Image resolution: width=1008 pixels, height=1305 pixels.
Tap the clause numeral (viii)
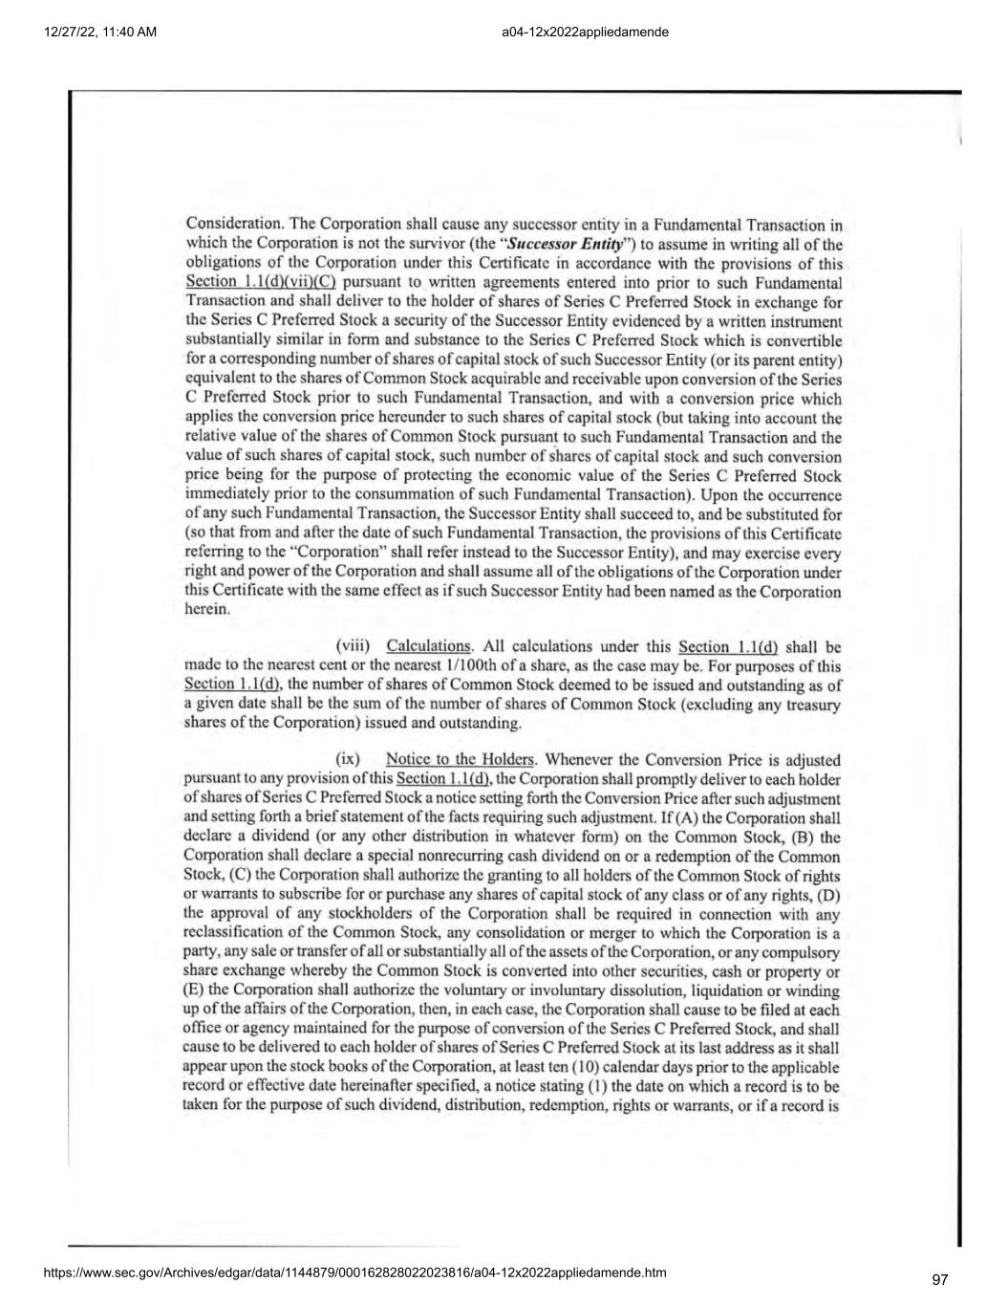pos(353,646)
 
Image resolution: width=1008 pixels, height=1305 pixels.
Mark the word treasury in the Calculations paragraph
pos(812,704)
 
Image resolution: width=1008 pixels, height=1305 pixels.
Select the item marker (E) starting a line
pos(193,990)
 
